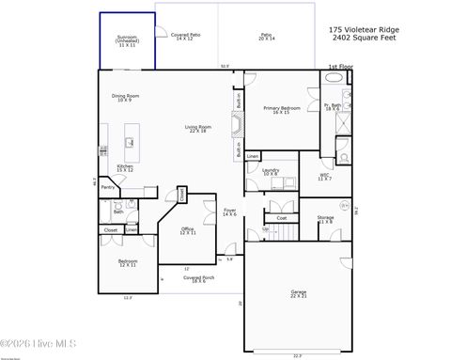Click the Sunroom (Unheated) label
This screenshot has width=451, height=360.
click(x=127, y=42)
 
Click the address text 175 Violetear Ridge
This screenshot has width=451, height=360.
click(x=363, y=29)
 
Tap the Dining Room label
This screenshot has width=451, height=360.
click(x=126, y=97)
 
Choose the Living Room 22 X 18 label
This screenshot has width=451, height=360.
click(x=197, y=129)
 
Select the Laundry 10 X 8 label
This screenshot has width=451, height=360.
click(x=271, y=172)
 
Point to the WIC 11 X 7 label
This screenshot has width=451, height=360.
click(x=324, y=177)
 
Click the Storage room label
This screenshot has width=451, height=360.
click(x=325, y=219)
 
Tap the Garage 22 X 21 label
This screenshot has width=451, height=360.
click(x=298, y=294)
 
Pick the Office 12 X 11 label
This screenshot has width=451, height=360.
click(x=188, y=230)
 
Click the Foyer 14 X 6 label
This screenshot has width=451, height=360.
click(x=229, y=212)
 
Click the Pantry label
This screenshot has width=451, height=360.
click(x=108, y=187)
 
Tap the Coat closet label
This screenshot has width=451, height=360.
click(x=281, y=218)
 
